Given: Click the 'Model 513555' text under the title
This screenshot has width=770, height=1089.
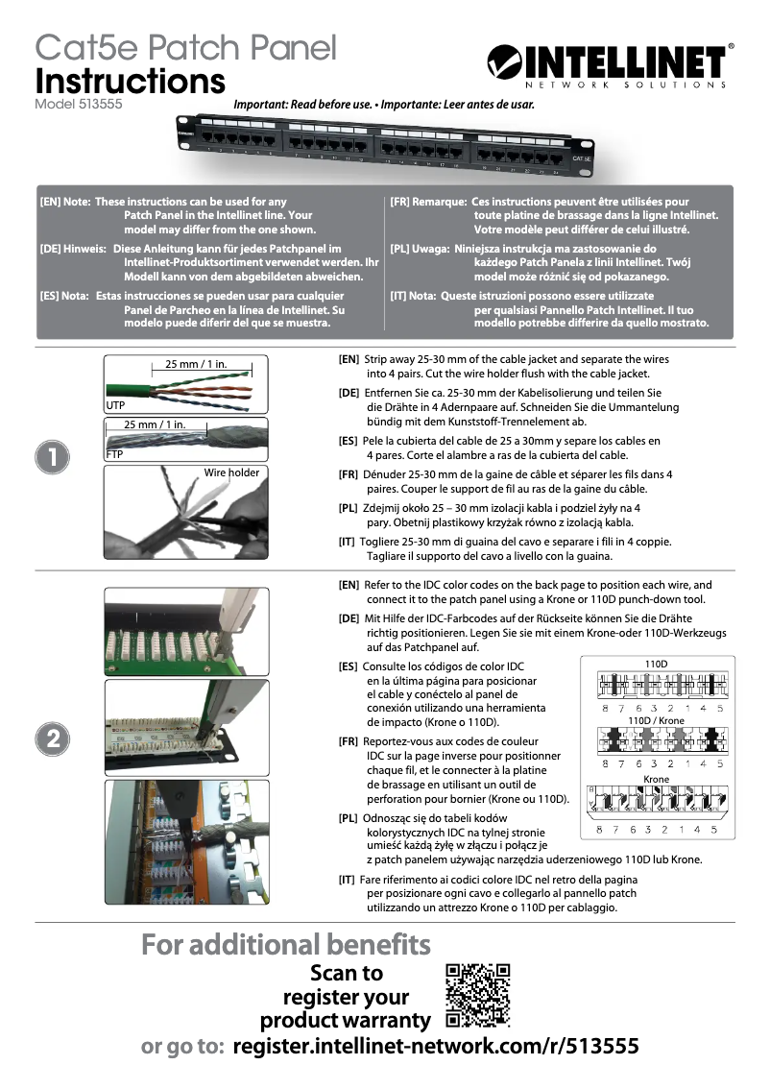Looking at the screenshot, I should (x=78, y=104).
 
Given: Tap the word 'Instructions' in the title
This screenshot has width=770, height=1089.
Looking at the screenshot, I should (x=130, y=81).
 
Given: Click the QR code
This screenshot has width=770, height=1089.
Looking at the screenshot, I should (x=477, y=995).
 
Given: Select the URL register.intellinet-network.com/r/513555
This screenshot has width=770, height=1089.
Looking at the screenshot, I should (x=436, y=1047).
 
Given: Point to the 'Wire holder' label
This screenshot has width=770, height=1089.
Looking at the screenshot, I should (x=231, y=472).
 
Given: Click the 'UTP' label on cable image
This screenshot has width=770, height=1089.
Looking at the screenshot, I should (x=114, y=407).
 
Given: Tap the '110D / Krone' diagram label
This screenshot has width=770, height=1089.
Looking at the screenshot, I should (x=656, y=720).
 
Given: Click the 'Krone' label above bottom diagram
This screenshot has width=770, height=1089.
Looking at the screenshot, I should (x=656, y=779).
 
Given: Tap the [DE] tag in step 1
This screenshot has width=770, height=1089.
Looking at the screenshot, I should (x=349, y=394).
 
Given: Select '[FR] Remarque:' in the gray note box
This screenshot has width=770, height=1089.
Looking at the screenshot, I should (x=428, y=203).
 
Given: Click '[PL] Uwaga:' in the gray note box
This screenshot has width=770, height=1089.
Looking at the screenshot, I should (x=420, y=248).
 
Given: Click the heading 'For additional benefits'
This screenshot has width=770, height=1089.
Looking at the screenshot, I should (x=286, y=944).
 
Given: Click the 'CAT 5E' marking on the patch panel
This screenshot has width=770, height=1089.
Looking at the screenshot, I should (x=581, y=157).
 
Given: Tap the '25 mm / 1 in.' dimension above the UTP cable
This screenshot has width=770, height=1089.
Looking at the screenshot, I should (x=196, y=364).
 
